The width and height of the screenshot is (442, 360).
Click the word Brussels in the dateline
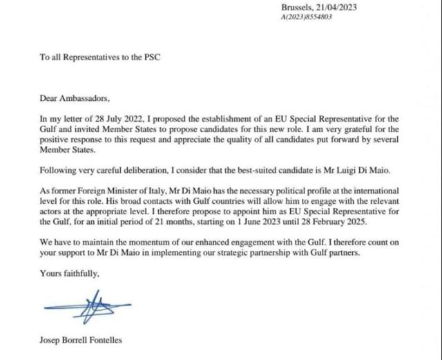(298, 7)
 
